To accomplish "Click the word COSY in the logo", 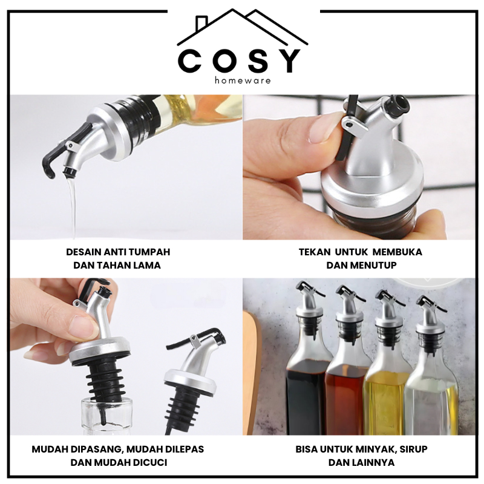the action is [x=238, y=61].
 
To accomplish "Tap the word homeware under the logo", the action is [x=243, y=80].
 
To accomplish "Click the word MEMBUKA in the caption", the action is [x=397, y=252].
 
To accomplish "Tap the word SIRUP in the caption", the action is [x=413, y=449].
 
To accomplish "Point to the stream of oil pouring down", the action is [x=71, y=207].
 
